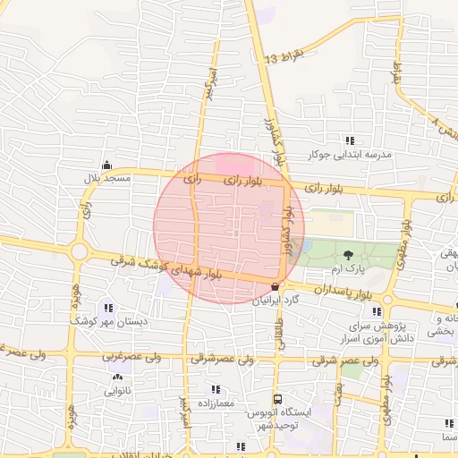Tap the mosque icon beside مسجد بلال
pos(107,165)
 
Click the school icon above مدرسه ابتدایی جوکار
pos(350,140)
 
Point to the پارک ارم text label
pos(355,269)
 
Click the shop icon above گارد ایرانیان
pos(274,286)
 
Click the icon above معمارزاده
pos(216,389)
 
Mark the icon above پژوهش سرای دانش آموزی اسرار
pos(376,311)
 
